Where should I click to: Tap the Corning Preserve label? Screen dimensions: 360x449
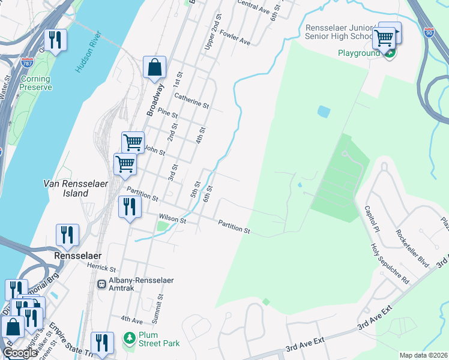[x=35, y=83]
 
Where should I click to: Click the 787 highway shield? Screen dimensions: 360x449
[x=26, y=62]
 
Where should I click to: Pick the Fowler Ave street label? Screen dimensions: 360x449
[x=235, y=37]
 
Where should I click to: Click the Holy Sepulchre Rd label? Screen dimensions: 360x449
[x=389, y=263]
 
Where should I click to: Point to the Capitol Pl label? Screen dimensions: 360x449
[x=372, y=220]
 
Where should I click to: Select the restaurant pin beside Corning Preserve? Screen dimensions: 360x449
[x=55, y=41]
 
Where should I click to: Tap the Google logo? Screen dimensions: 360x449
[x=20, y=353]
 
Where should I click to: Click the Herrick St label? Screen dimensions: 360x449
[x=101, y=268]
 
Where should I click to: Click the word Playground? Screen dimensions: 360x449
[x=359, y=53]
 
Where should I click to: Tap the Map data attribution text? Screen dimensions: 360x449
[x=423, y=355]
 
